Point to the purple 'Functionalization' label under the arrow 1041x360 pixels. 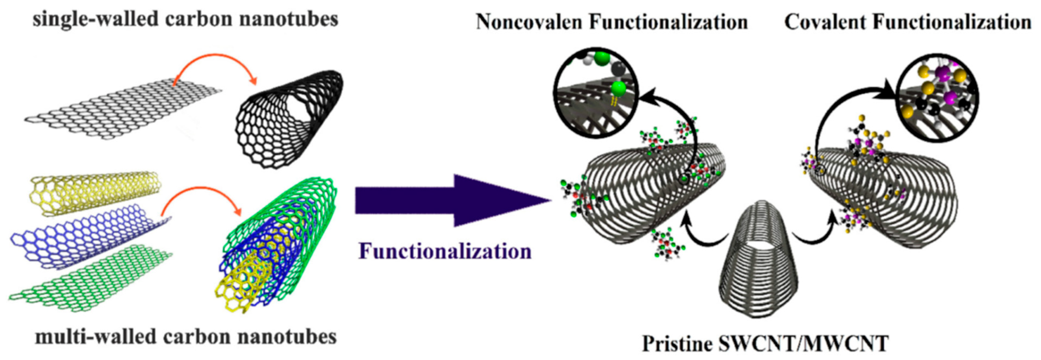(x=445, y=251)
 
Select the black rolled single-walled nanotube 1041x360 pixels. (x=289, y=117)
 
